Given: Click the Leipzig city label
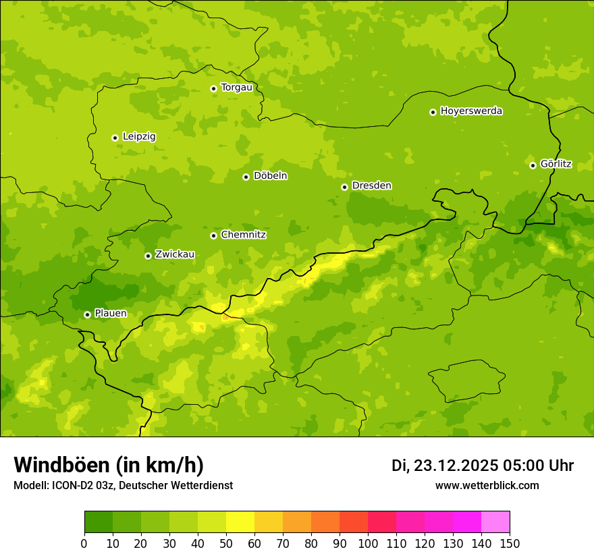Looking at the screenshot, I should (139, 136).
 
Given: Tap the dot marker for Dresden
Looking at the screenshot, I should (344, 187).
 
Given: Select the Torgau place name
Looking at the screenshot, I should (236, 87).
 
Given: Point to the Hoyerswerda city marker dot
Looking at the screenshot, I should (433, 112).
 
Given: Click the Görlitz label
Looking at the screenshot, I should (556, 164).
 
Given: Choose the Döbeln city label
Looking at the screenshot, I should (270, 175).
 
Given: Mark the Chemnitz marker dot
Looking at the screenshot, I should (213, 235).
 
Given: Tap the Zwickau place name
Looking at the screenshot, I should (175, 254).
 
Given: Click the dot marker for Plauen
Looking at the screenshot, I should (87, 314).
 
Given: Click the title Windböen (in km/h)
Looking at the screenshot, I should (109, 465).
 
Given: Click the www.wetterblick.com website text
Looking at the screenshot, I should (487, 485).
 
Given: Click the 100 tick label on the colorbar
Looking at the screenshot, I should (368, 543).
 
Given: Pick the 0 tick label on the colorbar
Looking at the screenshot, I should (84, 543).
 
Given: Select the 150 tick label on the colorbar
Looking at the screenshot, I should (510, 543).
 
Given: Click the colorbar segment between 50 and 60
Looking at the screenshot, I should (240, 522).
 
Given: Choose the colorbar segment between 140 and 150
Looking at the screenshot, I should (495, 522).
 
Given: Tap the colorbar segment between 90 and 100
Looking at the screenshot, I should (354, 522).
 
